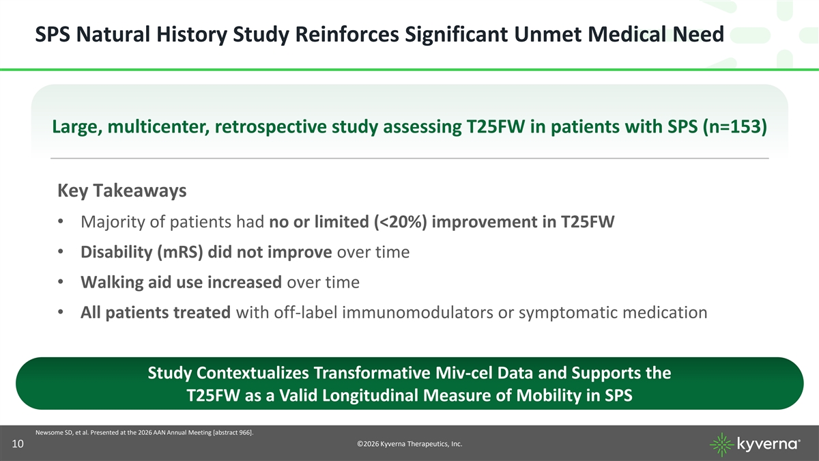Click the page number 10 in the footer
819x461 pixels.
(x=18, y=444)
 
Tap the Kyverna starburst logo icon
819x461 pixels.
(x=722, y=445)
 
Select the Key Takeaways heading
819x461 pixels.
(x=122, y=191)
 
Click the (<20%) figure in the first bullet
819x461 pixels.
(x=401, y=222)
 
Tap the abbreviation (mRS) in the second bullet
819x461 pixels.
(x=180, y=252)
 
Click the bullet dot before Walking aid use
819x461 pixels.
(x=61, y=282)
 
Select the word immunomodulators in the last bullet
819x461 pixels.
(x=418, y=313)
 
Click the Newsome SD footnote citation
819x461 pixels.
(x=145, y=432)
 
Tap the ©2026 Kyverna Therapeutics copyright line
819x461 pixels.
(x=409, y=444)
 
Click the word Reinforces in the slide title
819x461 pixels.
(x=347, y=34)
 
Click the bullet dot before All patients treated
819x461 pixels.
(x=61, y=313)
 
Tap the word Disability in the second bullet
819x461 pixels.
(x=116, y=252)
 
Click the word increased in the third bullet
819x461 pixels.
(x=244, y=282)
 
